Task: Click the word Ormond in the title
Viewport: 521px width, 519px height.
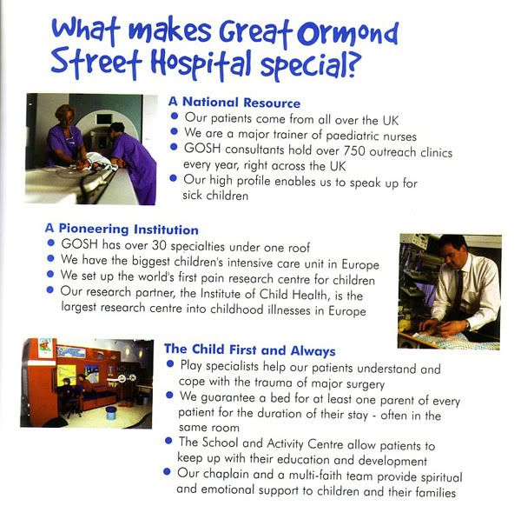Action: (x=347, y=34)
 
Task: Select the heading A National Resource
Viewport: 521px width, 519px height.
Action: (x=234, y=102)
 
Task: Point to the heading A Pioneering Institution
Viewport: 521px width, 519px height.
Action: (x=122, y=229)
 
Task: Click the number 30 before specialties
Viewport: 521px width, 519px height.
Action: (x=159, y=245)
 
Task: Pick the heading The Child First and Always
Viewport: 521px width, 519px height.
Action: (x=250, y=350)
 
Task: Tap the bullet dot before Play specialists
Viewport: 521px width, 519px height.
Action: (x=170, y=364)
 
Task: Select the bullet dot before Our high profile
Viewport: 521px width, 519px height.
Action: (x=173, y=178)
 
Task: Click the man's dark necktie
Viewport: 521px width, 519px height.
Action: (x=458, y=291)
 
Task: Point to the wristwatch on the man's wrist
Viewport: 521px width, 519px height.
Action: (x=467, y=325)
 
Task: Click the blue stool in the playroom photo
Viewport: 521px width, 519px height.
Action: (x=111, y=413)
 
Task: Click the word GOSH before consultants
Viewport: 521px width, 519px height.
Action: (x=202, y=149)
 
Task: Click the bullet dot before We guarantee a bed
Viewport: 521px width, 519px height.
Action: (x=169, y=396)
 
